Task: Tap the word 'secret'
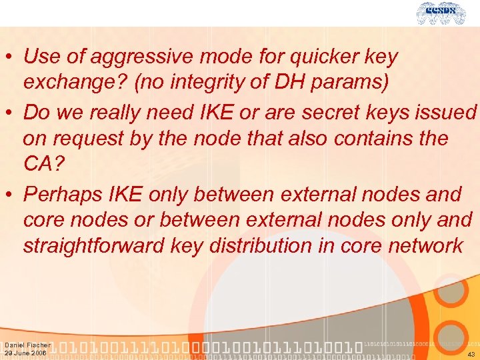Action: (332, 112)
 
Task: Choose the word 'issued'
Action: (449, 112)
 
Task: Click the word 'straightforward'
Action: (94, 245)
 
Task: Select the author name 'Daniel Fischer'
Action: (27, 345)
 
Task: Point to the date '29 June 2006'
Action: (25, 353)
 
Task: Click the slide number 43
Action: (471, 354)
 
